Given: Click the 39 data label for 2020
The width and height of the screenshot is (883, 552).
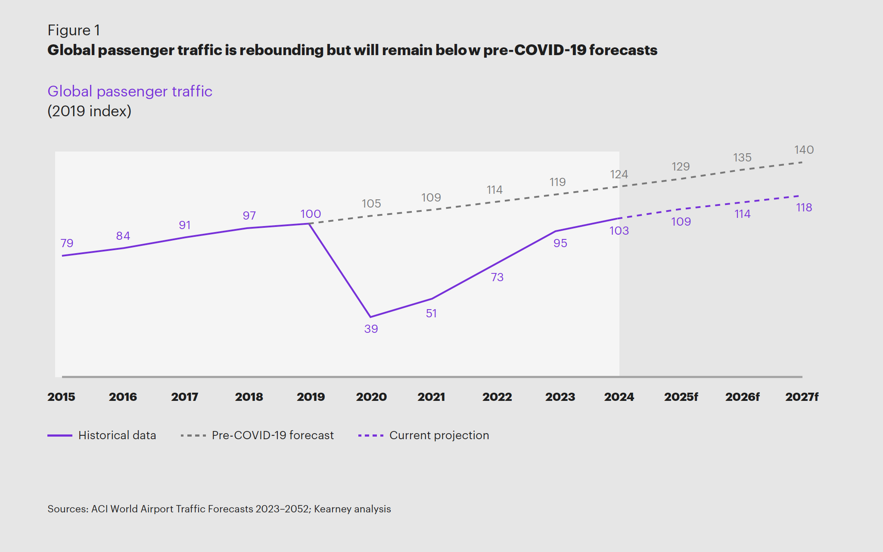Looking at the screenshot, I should pyautogui.click(x=371, y=329).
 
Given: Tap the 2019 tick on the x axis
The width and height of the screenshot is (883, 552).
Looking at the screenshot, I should pyautogui.click(x=311, y=397).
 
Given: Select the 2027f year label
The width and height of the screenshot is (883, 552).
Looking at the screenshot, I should pyautogui.click(x=802, y=397).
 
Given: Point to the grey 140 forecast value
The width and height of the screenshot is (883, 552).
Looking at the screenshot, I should pyautogui.click(x=804, y=150).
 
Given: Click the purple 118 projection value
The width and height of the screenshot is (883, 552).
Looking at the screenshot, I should pyautogui.click(x=804, y=208).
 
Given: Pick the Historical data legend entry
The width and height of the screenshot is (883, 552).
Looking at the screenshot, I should pyautogui.click(x=102, y=435).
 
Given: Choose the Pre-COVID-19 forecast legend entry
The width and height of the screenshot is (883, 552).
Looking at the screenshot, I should pyautogui.click(x=257, y=435).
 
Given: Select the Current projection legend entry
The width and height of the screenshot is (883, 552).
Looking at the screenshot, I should pyautogui.click(x=423, y=435).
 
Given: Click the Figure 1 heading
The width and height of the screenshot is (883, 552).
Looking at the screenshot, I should pyautogui.click(x=74, y=30).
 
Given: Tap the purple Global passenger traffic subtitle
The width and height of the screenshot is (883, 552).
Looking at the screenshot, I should pyautogui.click(x=130, y=91).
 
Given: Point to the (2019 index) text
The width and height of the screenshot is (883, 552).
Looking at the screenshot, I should pyautogui.click(x=89, y=111).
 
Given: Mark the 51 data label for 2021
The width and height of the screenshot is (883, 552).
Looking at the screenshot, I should pyautogui.click(x=431, y=313).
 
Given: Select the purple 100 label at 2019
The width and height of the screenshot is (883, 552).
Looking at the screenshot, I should pyautogui.click(x=311, y=214).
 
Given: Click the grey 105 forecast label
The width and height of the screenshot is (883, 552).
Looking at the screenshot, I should pyautogui.click(x=371, y=204).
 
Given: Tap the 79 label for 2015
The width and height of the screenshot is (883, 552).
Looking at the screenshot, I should pyautogui.click(x=67, y=243).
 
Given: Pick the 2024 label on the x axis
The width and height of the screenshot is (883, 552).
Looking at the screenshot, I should pyautogui.click(x=619, y=397).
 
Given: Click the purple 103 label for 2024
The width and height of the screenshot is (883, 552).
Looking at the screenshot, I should pyautogui.click(x=619, y=231).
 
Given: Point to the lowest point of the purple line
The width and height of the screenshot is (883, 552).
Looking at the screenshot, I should pyautogui.click(x=371, y=317).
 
